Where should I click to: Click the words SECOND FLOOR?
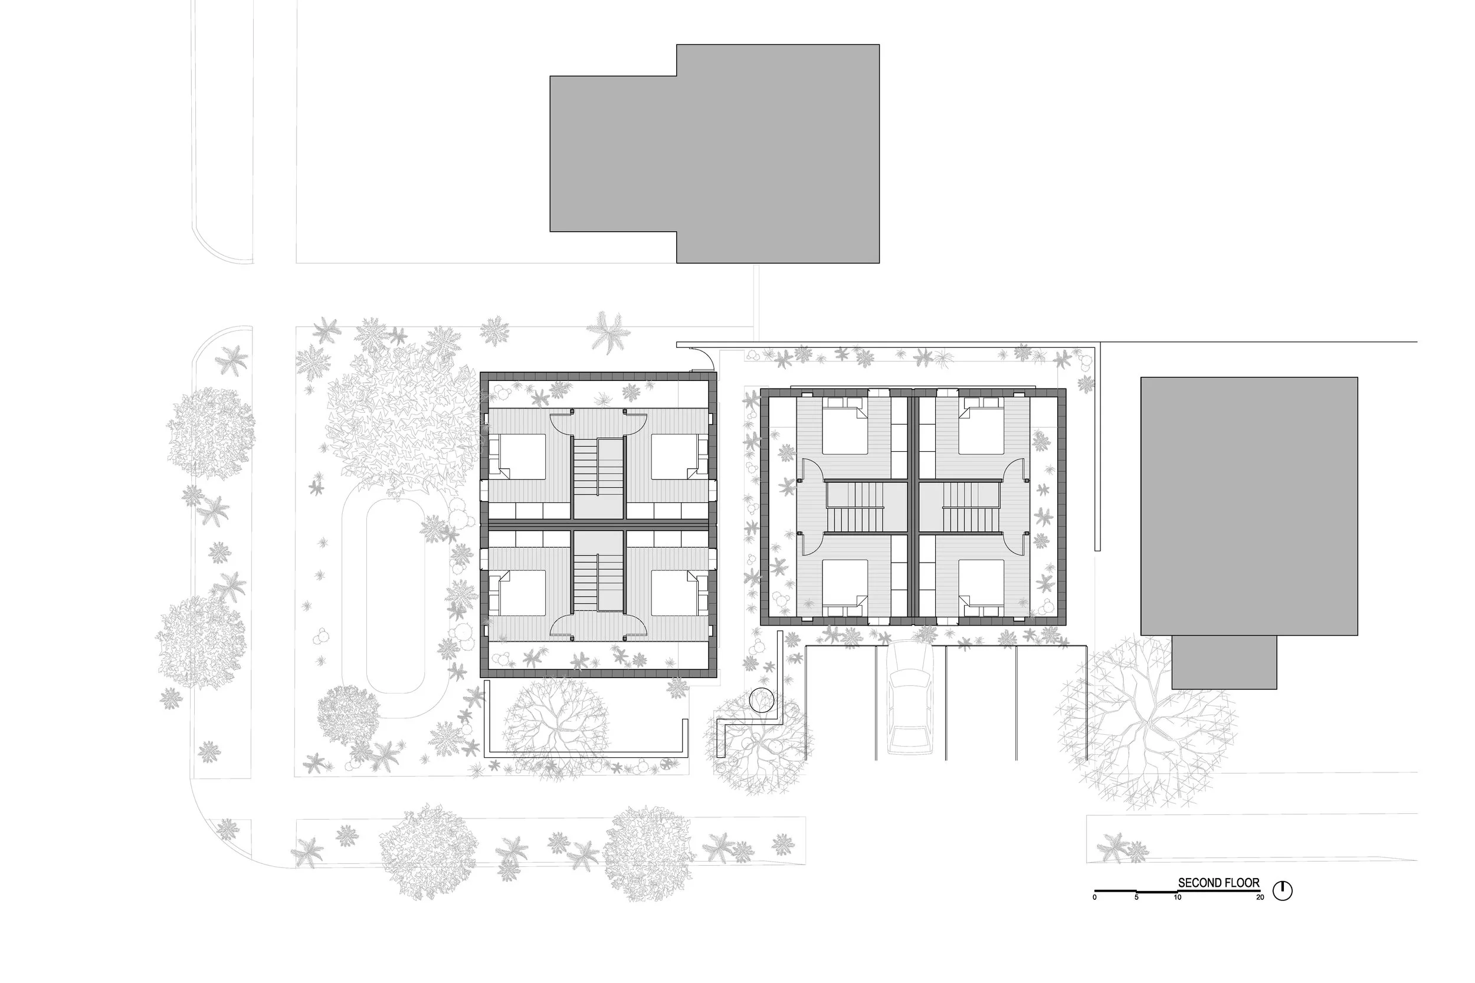click(x=1218, y=883)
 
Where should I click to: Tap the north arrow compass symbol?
click(x=1283, y=890)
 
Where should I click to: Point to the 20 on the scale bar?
click(x=1260, y=897)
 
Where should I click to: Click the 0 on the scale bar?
click(x=1095, y=897)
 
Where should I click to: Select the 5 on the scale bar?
click(x=1136, y=897)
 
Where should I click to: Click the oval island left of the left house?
click(x=396, y=595)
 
